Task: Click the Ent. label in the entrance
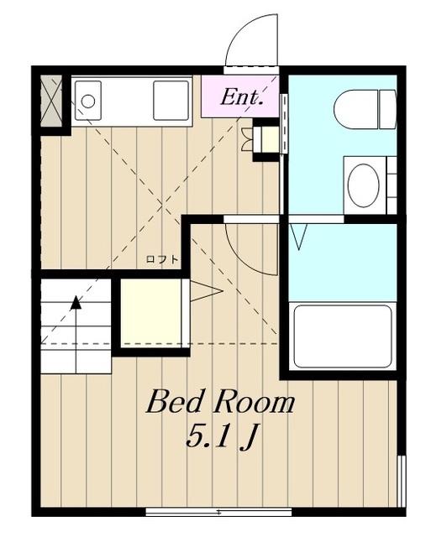point(241,97)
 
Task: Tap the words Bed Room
point(220,402)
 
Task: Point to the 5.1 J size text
point(222,436)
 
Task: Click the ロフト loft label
point(162,259)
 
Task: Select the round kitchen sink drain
point(88,101)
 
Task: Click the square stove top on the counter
point(171,101)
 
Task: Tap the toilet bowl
point(356,110)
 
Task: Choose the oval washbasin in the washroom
point(363,185)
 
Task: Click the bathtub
point(343,337)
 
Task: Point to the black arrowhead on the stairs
point(76,303)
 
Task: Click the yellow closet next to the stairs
point(151,313)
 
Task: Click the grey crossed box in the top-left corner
point(51,101)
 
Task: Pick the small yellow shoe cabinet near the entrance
point(270,140)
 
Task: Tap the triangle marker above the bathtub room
point(299,237)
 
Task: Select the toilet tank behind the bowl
point(388,110)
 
